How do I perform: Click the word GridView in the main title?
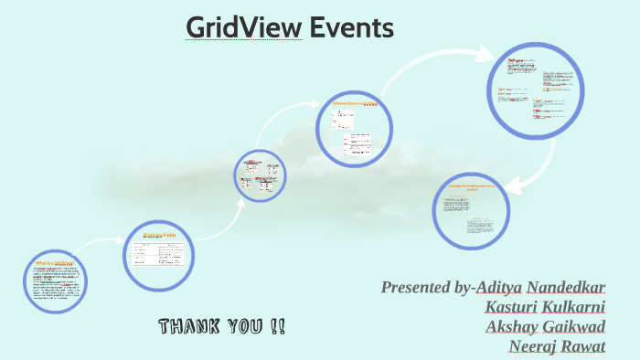243,28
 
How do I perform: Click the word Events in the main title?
351,28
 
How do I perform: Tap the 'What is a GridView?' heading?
55,262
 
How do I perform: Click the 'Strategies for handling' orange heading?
470,188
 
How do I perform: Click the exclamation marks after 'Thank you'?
276,326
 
